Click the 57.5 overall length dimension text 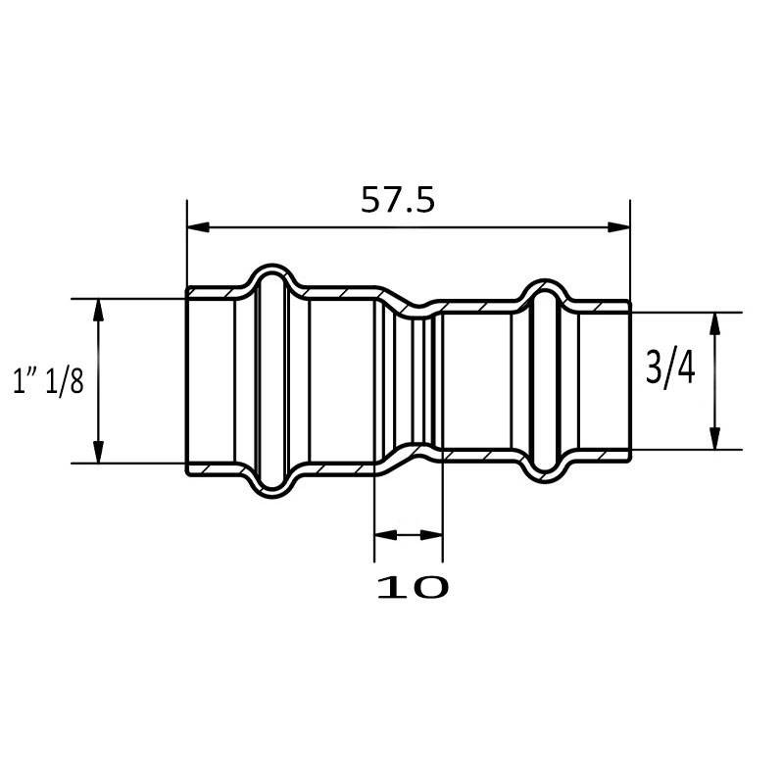point(398,200)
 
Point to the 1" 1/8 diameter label point(48,381)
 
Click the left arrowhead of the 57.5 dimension point(198,227)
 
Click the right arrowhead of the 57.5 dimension point(619,227)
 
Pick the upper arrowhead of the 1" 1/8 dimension point(99,310)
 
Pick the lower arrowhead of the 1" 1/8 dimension point(99,453)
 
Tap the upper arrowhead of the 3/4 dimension point(715,324)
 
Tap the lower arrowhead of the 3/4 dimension point(715,438)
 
